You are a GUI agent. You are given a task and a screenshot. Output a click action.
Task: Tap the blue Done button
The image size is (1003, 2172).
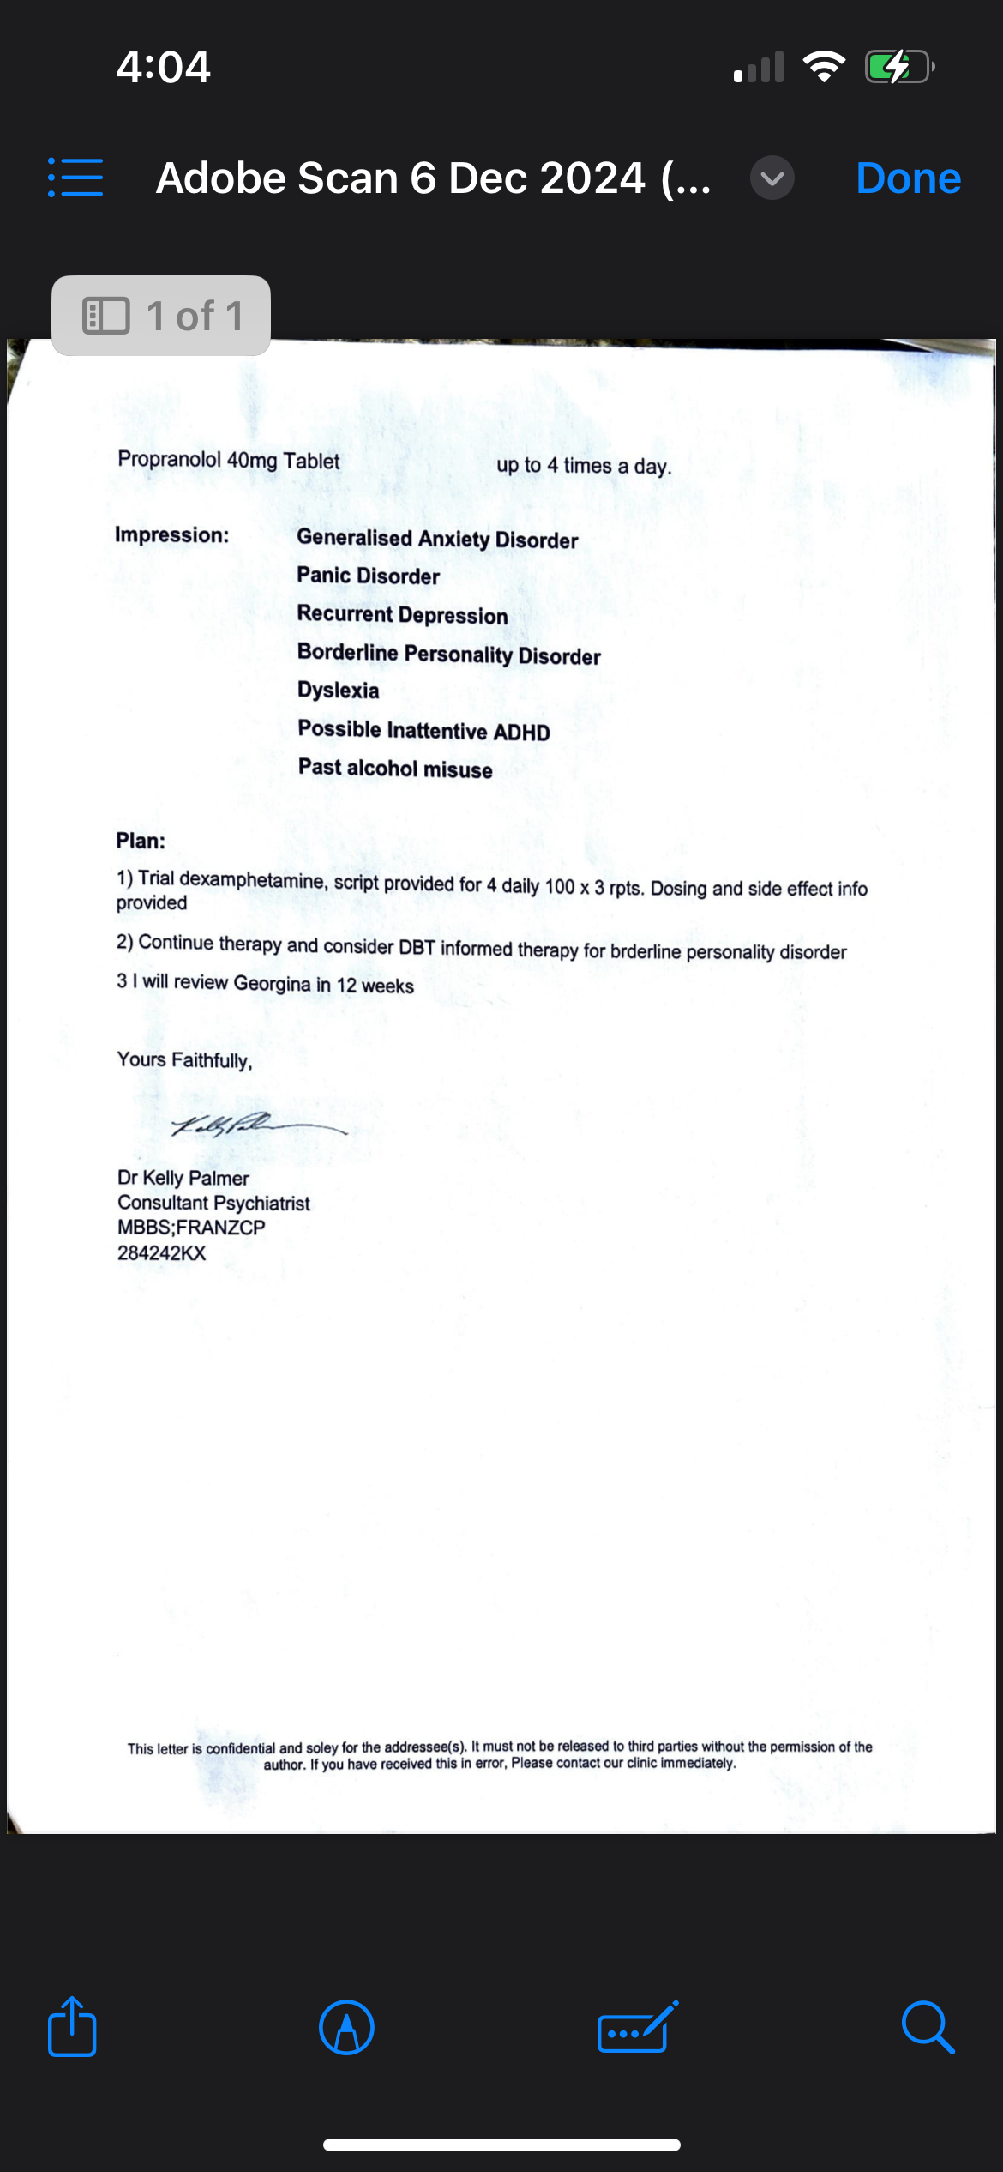(x=908, y=178)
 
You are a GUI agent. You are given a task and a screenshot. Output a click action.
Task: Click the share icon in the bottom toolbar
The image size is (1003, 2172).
(x=72, y=2027)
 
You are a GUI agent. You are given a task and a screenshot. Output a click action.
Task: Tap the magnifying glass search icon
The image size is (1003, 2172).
(x=928, y=2027)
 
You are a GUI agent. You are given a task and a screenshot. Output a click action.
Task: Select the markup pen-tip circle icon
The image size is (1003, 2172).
(x=346, y=2027)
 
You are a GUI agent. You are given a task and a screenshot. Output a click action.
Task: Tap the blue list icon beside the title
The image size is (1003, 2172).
(x=75, y=178)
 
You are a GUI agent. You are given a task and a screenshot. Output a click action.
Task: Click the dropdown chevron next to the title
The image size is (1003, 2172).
(x=772, y=178)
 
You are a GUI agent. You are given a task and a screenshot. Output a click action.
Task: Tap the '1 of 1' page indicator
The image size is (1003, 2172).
(x=161, y=316)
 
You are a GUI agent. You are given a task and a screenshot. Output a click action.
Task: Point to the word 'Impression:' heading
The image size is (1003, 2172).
(x=172, y=535)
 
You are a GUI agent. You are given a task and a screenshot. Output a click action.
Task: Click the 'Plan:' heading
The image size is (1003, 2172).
(x=141, y=841)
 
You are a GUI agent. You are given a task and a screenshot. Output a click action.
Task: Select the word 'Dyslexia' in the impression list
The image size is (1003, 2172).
(x=338, y=691)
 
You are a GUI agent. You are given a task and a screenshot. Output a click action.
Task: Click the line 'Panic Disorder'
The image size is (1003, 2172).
(x=368, y=576)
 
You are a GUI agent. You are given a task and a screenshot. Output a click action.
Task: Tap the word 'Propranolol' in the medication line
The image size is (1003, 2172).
(x=169, y=459)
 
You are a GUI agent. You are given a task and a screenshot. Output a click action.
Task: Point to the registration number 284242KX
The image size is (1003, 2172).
(x=161, y=1252)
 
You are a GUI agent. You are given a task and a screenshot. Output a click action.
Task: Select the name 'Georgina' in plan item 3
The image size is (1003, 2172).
(x=272, y=983)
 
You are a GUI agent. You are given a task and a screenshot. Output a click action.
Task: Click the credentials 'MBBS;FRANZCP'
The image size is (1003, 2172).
(x=191, y=1228)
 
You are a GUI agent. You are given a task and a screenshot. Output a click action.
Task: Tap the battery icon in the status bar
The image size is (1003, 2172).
(x=898, y=67)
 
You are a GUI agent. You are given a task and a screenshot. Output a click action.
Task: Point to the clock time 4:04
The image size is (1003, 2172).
(x=163, y=67)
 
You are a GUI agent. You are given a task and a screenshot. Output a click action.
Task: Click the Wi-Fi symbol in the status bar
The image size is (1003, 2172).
(x=824, y=67)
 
